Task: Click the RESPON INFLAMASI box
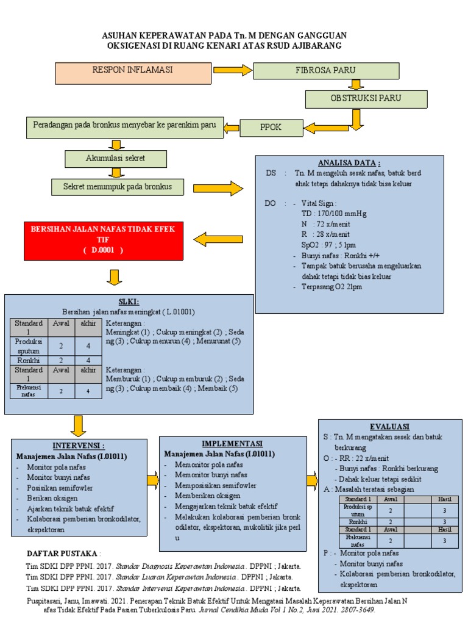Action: click(132, 72)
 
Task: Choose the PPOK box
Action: click(270, 128)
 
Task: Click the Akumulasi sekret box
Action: click(116, 159)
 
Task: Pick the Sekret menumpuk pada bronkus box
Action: click(117, 186)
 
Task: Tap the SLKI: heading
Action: click(129, 302)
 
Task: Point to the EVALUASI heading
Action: click(389, 426)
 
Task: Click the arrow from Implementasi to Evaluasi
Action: click(311, 480)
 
